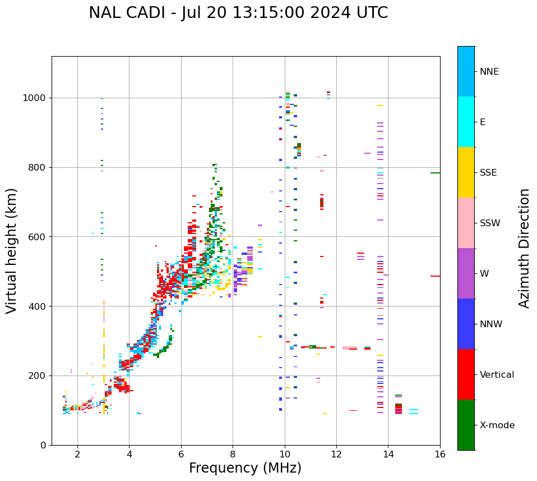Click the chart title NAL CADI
pos(238,13)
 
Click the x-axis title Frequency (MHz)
pos(245,468)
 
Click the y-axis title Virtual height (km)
pos(12,250)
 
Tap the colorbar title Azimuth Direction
pos(524,248)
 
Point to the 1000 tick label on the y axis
pos(35,98)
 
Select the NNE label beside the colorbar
pos(489,72)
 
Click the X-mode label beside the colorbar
pos(497,425)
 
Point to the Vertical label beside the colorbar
pos(497,375)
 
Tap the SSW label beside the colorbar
pos(490,223)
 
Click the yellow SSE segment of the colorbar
pos(466,172)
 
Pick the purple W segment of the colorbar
pos(466,273)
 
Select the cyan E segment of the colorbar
pos(466,122)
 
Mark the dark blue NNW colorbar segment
pos(466,324)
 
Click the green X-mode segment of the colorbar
pos(466,425)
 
